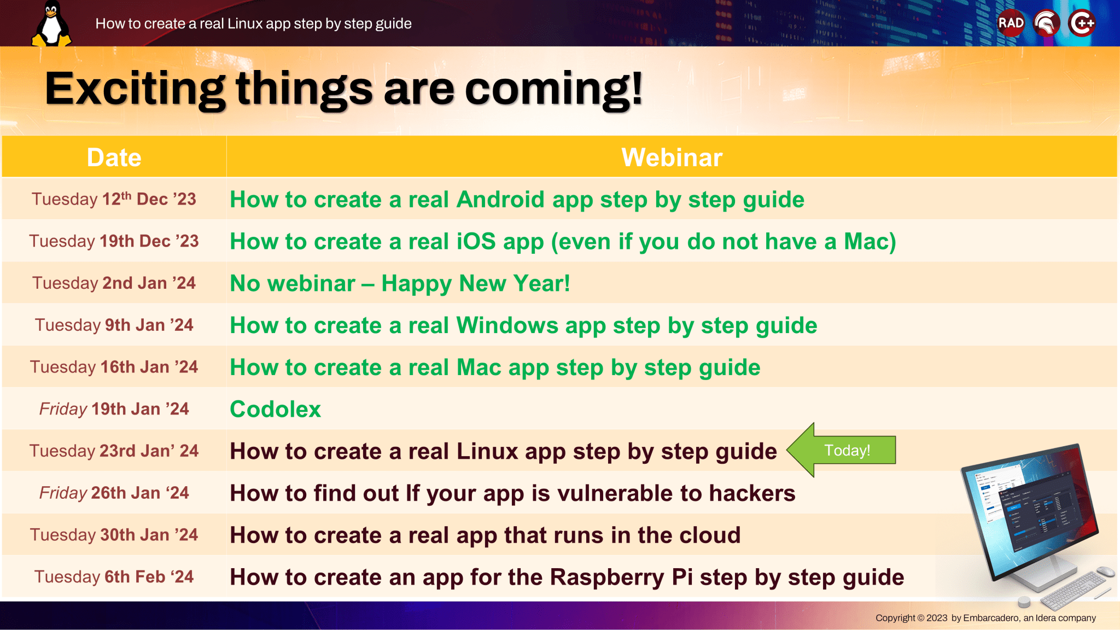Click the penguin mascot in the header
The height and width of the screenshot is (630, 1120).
[51, 24]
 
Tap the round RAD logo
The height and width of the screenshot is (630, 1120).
[1011, 23]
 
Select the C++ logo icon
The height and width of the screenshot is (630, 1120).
[1082, 23]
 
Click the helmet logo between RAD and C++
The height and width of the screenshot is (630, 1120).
[1047, 23]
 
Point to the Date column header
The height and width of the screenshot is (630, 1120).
[114, 157]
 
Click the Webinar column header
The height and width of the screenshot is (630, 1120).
[672, 157]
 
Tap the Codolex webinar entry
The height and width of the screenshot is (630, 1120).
[275, 409]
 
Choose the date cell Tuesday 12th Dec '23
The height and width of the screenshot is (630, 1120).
[114, 199]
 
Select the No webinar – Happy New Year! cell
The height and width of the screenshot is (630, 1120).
[400, 283]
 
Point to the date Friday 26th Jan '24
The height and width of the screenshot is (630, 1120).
[114, 493]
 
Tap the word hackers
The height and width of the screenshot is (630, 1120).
[752, 493]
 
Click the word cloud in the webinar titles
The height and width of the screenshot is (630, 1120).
[709, 535]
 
